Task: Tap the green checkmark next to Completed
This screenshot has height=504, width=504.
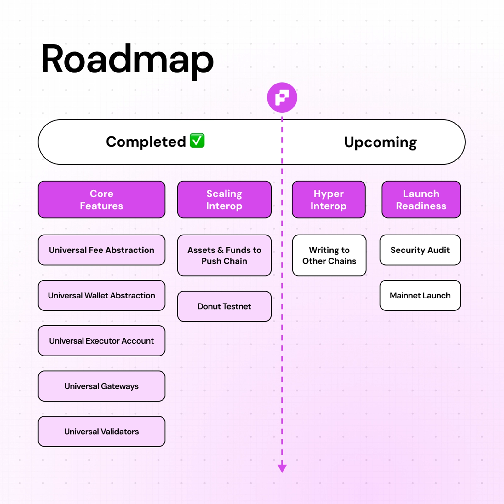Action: (197, 141)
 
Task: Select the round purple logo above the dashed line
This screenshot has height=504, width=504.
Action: (282, 97)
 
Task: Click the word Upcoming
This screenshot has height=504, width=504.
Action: (380, 142)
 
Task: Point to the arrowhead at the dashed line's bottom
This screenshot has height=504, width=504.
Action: (282, 468)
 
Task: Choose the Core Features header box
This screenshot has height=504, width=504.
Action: (101, 200)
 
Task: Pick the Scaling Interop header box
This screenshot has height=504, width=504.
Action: (224, 200)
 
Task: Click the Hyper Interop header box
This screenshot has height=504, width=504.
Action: (329, 200)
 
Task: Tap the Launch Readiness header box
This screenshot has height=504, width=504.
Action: (421, 200)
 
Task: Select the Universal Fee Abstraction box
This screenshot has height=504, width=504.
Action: (101, 250)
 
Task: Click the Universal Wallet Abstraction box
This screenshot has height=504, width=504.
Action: (101, 295)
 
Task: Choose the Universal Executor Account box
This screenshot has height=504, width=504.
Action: (101, 341)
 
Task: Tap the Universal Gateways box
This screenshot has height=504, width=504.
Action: (101, 386)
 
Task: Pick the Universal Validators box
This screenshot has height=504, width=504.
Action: (101, 432)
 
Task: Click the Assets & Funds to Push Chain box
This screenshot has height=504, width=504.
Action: (224, 255)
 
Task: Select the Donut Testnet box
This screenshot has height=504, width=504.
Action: (224, 306)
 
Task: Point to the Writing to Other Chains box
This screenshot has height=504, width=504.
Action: (329, 255)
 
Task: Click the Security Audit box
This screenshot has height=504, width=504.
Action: (420, 250)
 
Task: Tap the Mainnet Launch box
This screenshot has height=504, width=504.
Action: (420, 295)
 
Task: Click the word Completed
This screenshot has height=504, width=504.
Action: (146, 142)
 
